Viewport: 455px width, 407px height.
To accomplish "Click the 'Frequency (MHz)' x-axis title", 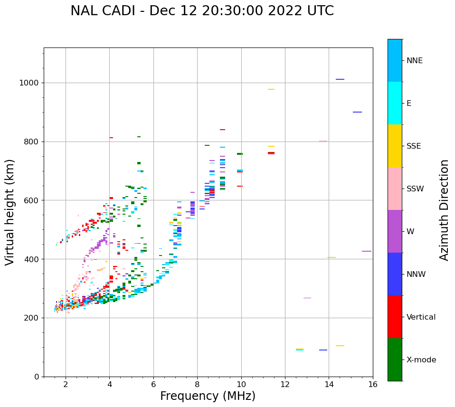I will (x=208, y=396).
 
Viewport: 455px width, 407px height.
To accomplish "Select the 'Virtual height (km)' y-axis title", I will (x=10, y=212).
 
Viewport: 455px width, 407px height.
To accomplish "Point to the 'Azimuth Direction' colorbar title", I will (x=444, y=209).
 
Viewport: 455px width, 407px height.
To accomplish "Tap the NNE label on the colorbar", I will (x=414, y=61).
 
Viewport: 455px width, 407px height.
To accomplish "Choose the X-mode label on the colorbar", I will (x=421, y=360).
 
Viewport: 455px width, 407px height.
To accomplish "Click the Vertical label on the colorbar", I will (x=421, y=317).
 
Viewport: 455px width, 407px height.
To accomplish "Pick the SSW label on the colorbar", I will (x=415, y=189).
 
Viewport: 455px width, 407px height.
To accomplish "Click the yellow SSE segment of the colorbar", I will (x=395, y=146).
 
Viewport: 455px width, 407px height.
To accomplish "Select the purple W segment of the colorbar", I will (x=395, y=231).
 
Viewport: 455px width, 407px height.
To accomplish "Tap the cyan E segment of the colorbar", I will (x=395, y=103).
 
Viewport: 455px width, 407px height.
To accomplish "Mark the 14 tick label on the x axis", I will (x=329, y=384).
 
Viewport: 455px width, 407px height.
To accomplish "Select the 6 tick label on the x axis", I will (x=153, y=384).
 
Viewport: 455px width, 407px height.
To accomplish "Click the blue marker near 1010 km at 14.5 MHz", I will (x=340, y=79).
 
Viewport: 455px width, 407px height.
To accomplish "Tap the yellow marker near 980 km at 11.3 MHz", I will (x=271, y=89).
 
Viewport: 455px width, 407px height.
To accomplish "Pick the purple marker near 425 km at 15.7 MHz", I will (x=367, y=251).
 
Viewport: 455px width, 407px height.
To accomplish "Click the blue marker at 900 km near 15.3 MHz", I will (x=357, y=112).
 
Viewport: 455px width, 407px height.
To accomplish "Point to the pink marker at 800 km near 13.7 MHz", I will (x=323, y=141).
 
